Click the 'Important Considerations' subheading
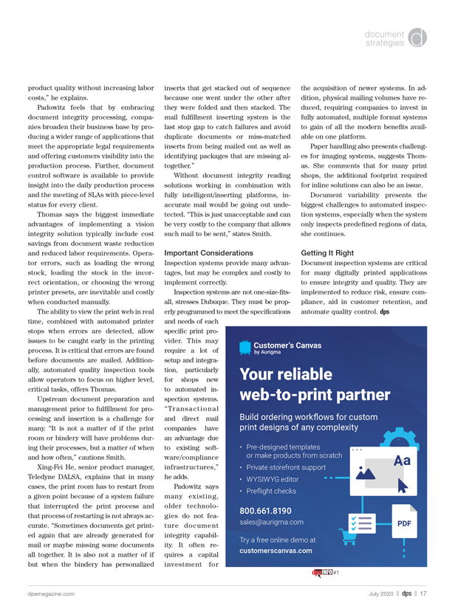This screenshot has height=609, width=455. (208, 252)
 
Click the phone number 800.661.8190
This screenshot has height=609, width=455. (266, 510)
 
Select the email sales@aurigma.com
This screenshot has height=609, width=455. (272, 522)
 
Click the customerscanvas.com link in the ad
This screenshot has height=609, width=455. (276, 550)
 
